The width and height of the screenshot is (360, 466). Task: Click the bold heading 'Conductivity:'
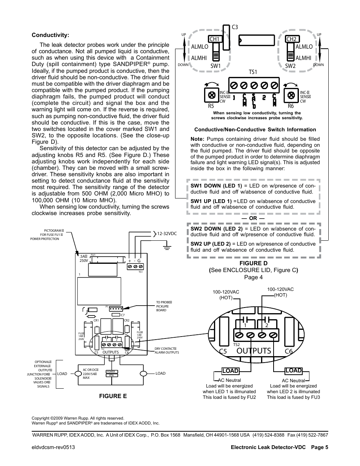tap(50, 35)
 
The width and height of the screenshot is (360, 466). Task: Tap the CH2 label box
tap(292, 39)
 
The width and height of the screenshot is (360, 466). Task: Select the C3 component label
tap(235, 27)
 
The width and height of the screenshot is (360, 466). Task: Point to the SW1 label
tap(216, 66)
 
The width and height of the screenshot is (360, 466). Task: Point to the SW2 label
tap(290, 66)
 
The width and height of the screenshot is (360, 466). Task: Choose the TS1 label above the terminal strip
tap(252, 72)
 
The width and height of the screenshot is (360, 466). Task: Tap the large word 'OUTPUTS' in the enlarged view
tap(254, 351)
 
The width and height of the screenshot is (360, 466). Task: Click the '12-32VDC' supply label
tap(167, 234)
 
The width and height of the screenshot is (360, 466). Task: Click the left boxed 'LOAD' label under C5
tap(230, 371)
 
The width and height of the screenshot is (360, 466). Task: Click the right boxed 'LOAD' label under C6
tap(294, 371)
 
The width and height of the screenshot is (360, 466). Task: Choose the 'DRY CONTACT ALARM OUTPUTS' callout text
tap(166, 351)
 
